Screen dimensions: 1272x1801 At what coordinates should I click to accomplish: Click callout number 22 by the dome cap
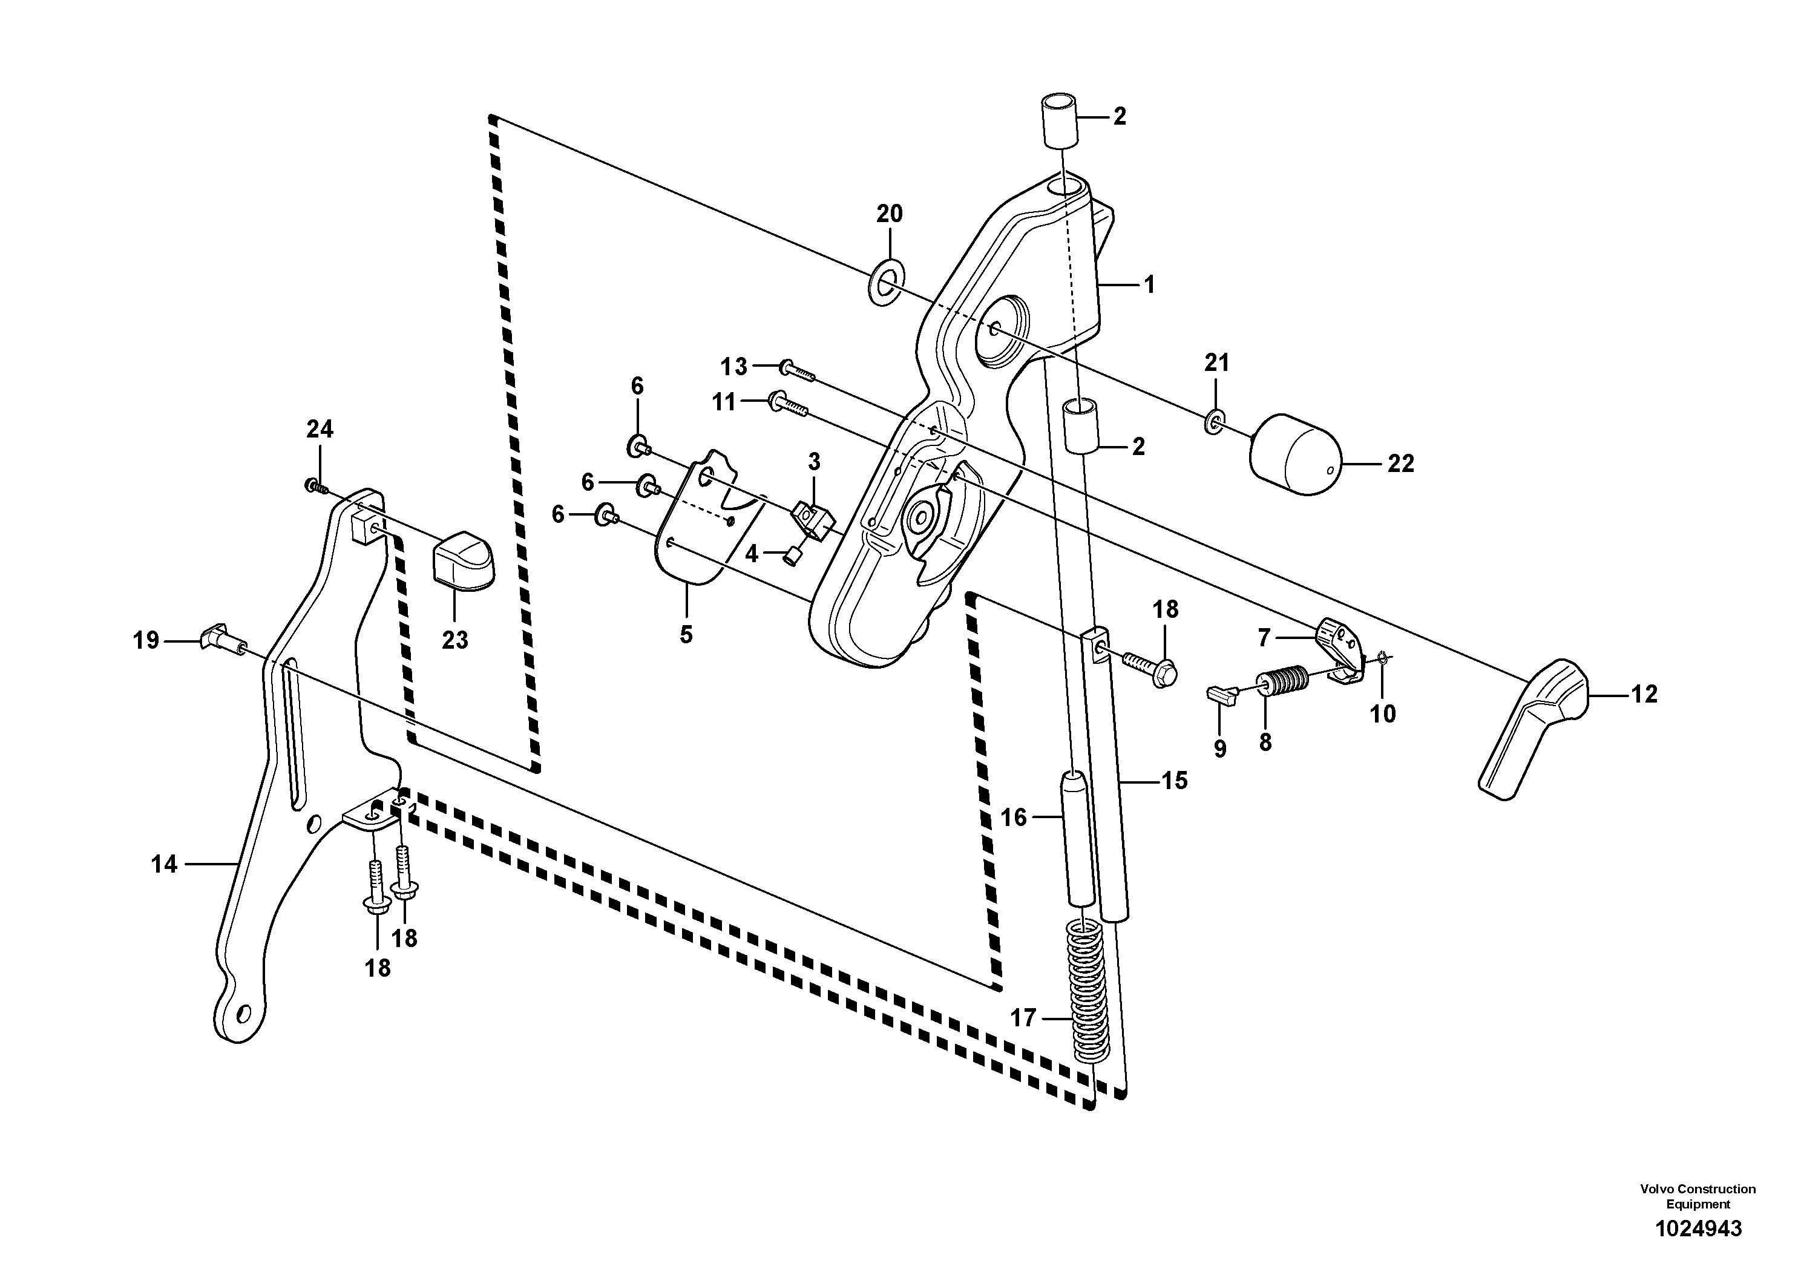[x=1400, y=464]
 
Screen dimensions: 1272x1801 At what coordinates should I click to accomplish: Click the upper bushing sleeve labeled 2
[x=1058, y=122]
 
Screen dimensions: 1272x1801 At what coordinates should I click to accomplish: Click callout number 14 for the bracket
[x=164, y=864]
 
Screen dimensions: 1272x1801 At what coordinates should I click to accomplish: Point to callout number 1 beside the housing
[x=1149, y=284]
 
